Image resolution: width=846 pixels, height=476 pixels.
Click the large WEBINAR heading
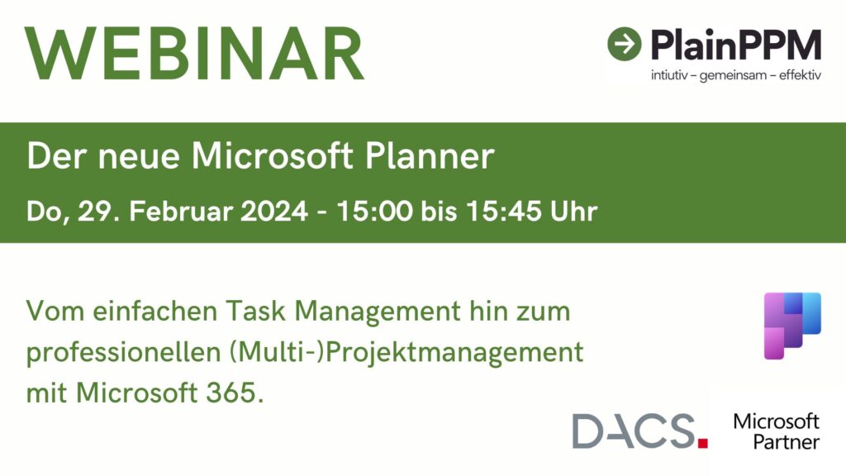pyautogui.click(x=194, y=54)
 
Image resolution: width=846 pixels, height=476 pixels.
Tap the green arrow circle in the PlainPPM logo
pyautogui.click(x=625, y=44)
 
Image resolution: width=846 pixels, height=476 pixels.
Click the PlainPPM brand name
pyautogui.click(x=736, y=45)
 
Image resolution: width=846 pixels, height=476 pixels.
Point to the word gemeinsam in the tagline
pyautogui.click(x=733, y=75)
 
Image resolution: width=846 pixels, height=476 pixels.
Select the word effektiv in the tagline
pyautogui.click(x=800, y=75)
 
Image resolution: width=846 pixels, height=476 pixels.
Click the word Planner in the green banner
pyautogui.click(x=430, y=156)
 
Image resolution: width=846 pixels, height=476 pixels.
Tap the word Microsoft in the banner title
pyautogui.click(x=273, y=155)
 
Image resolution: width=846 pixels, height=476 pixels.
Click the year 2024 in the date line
pyautogui.click(x=274, y=211)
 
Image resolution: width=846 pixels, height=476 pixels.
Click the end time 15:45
pyautogui.click(x=504, y=211)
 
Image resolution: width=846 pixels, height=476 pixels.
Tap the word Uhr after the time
pyautogui.click(x=573, y=211)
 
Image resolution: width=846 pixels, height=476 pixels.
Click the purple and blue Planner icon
pyautogui.click(x=792, y=326)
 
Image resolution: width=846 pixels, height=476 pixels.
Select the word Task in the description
pyautogui.click(x=256, y=312)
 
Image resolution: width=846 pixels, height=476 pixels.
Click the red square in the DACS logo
pyautogui.click(x=702, y=444)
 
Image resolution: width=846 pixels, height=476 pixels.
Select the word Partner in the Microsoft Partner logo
pyautogui.click(x=787, y=443)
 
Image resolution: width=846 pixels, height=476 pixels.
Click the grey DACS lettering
pyautogui.click(x=634, y=431)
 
